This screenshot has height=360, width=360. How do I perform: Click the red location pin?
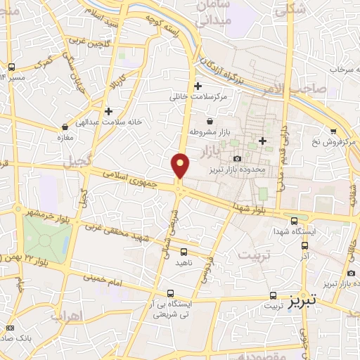[181, 165]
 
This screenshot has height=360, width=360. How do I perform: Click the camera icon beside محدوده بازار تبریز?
[237, 158]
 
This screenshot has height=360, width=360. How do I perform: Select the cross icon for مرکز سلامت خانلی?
[198, 86]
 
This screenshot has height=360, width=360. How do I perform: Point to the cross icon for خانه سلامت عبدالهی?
[108, 110]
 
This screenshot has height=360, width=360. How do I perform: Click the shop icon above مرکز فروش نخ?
[333, 131]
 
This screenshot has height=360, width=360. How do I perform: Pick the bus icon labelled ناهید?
[184, 251]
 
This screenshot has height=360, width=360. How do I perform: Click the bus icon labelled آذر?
[304, 245]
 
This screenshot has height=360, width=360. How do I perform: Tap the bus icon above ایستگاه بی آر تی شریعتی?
[170, 293]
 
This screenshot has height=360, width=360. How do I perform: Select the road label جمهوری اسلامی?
[134, 176]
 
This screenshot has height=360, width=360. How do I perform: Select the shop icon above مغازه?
[65, 127]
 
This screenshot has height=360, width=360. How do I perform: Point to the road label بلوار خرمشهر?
[51, 212]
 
